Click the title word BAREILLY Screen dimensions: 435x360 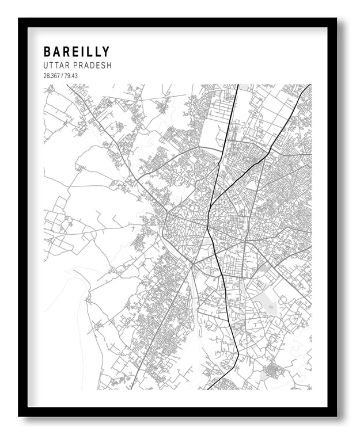click(x=76, y=52)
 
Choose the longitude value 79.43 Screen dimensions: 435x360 click(x=70, y=76)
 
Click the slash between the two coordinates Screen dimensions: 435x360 click(x=61, y=76)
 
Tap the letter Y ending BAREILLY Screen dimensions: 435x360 click(x=105, y=52)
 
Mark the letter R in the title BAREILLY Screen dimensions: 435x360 click(x=67, y=52)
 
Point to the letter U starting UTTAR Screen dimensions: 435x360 click(x=46, y=66)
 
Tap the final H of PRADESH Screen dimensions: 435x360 click(x=108, y=66)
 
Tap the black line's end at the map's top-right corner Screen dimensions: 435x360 click(x=310, y=85)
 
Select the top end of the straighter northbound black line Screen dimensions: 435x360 click(x=238, y=85)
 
